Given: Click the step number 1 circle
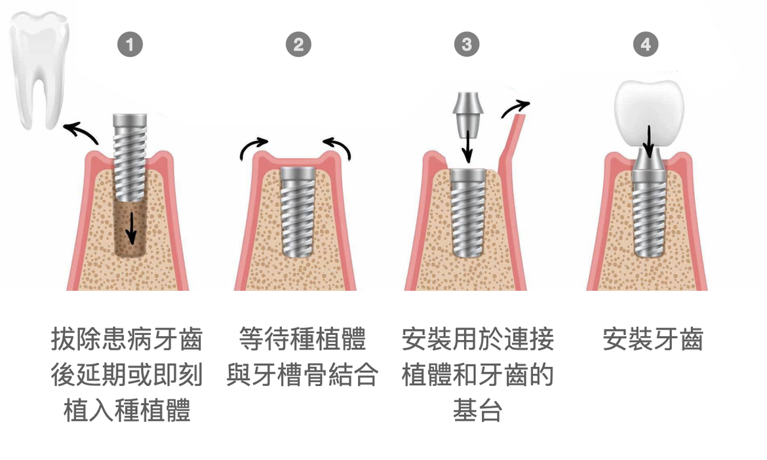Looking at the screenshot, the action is point(130,45).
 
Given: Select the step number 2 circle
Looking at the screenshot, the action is point(298,45).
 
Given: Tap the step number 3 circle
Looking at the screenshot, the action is point(467,45).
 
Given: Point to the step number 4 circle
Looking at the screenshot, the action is point(646,45).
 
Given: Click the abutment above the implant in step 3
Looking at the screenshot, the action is point(468,115).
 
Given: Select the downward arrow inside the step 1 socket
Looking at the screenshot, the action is point(131,228).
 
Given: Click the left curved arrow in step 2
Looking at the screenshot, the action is point(252,147).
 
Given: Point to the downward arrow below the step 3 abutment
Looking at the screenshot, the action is point(468,145).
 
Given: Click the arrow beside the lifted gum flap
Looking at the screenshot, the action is point(515,109).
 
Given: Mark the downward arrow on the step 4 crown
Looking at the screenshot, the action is point(648,142).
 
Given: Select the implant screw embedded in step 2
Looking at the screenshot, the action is point(298,212).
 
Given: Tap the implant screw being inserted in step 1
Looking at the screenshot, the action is point(130,157).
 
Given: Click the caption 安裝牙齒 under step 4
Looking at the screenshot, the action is point(652,339).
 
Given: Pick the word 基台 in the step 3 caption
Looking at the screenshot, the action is point(477,410).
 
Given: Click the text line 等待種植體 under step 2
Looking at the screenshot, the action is point(302,339).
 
